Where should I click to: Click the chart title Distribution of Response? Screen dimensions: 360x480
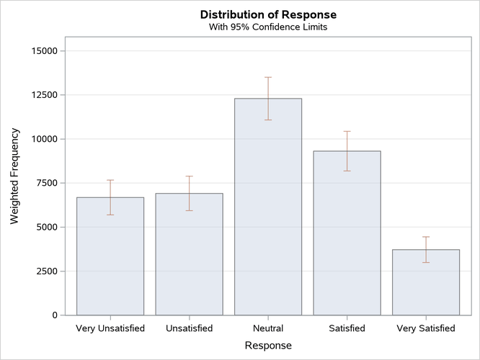[268, 14]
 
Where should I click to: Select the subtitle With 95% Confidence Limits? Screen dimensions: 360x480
[268, 27]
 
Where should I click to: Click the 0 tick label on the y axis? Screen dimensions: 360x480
[55, 315]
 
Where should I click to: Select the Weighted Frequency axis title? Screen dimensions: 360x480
[15, 176]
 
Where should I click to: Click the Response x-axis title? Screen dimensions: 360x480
[268, 346]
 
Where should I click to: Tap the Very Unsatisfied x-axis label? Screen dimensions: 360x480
[110, 329]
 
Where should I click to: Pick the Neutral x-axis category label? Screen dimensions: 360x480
[268, 329]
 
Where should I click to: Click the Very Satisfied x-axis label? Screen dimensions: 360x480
[426, 329]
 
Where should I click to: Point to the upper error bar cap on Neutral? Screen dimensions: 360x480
[268, 77]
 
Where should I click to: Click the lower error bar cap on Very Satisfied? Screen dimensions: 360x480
[426, 262]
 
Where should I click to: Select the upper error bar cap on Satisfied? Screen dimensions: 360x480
[347, 131]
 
